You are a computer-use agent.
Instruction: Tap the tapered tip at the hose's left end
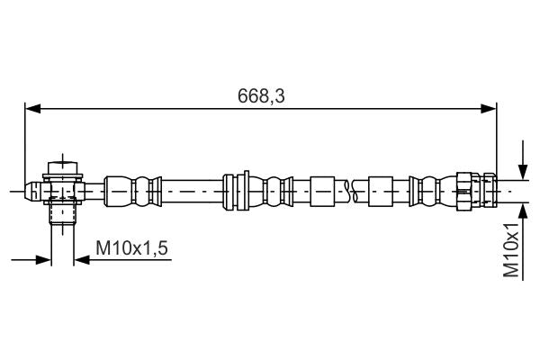click(32, 190)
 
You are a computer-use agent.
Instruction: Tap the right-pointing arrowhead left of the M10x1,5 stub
click(44, 260)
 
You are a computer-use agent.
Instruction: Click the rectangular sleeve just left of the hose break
click(322, 189)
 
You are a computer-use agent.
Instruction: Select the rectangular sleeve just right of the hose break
click(381, 189)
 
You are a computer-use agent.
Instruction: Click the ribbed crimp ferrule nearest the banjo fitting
click(130, 189)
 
